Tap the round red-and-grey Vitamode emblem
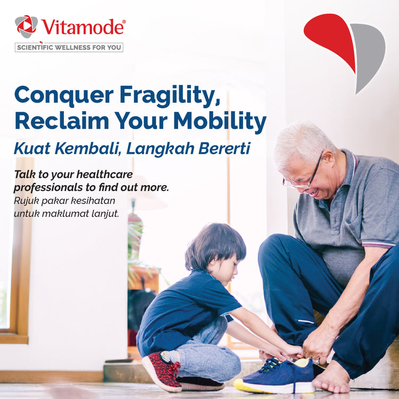[26, 26]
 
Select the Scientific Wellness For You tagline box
[69, 47]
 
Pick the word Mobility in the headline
[220, 121]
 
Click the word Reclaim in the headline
[62, 121]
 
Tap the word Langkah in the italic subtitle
[160, 148]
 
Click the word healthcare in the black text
[105, 174]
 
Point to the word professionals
[48, 188]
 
